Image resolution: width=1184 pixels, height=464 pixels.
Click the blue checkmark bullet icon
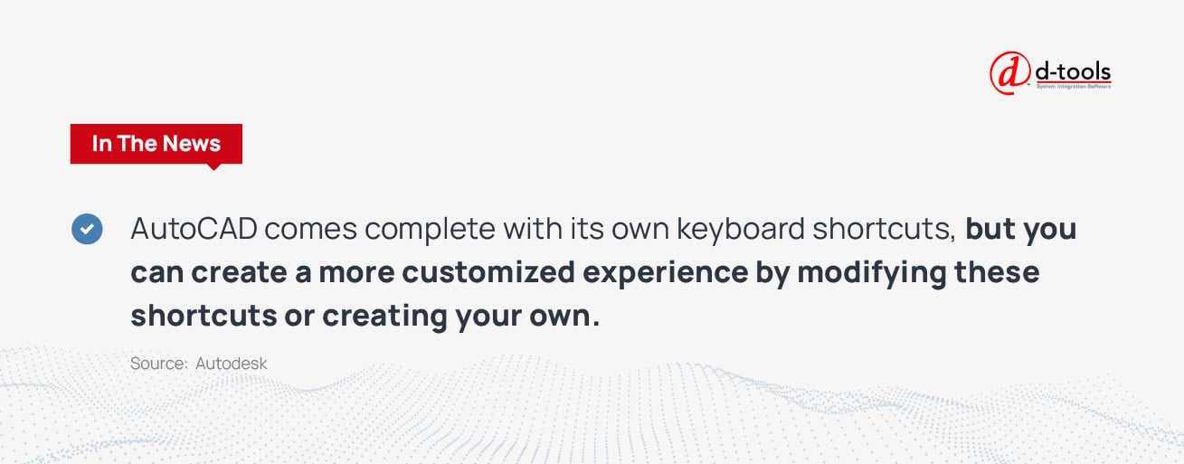(87, 229)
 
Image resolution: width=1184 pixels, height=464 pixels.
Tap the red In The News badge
(156, 144)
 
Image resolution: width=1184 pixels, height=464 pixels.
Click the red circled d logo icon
(1009, 73)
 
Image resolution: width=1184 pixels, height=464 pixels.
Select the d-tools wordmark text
(1073, 71)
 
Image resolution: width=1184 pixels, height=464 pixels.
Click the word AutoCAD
(194, 229)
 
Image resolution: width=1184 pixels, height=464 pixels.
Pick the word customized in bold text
(488, 272)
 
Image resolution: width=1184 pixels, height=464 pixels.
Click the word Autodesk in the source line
(232, 364)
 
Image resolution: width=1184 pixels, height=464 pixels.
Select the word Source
(158, 364)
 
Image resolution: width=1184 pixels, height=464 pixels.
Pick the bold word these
(997, 272)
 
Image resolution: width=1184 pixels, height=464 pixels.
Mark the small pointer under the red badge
(213, 167)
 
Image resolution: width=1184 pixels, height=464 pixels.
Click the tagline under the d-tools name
(1073, 87)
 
